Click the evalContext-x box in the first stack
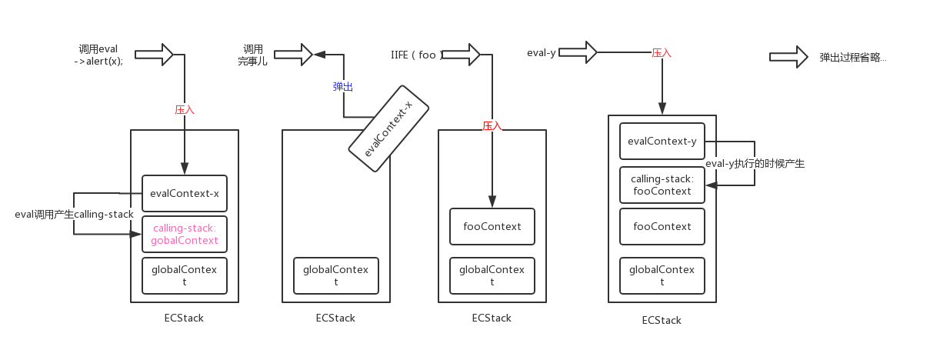pyautogui.click(x=185, y=193)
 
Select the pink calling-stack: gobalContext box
pyautogui.click(x=185, y=234)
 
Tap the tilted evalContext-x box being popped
pyautogui.click(x=388, y=128)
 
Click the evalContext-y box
pyautogui.click(x=662, y=141)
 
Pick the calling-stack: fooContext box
pyautogui.click(x=662, y=185)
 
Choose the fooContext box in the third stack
pyautogui.click(x=492, y=227)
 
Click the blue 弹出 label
pyautogui.click(x=343, y=87)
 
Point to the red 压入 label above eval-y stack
pyautogui.click(x=662, y=53)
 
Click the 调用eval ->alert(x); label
pyautogui.click(x=98, y=55)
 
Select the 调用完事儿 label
pyautogui.click(x=252, y=55)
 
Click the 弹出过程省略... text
pyautogui.click(x=853, y=58)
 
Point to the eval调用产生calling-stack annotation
pyautogui.click(x=75, y=215)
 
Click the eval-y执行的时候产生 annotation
pyautogui.click(x=755, y=164)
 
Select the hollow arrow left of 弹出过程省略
pyautogui.click(x=788, y=57)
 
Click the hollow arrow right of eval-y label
pyautogui.click(x=578, y=52)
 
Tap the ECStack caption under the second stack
pyautogui.click(x=335, y=318)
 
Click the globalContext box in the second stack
pyautogui.click(x=336, y=275)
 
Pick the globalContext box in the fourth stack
pyautogui.click(x=662, y=275)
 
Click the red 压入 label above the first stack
pyautogui.click(x=185, y=110)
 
